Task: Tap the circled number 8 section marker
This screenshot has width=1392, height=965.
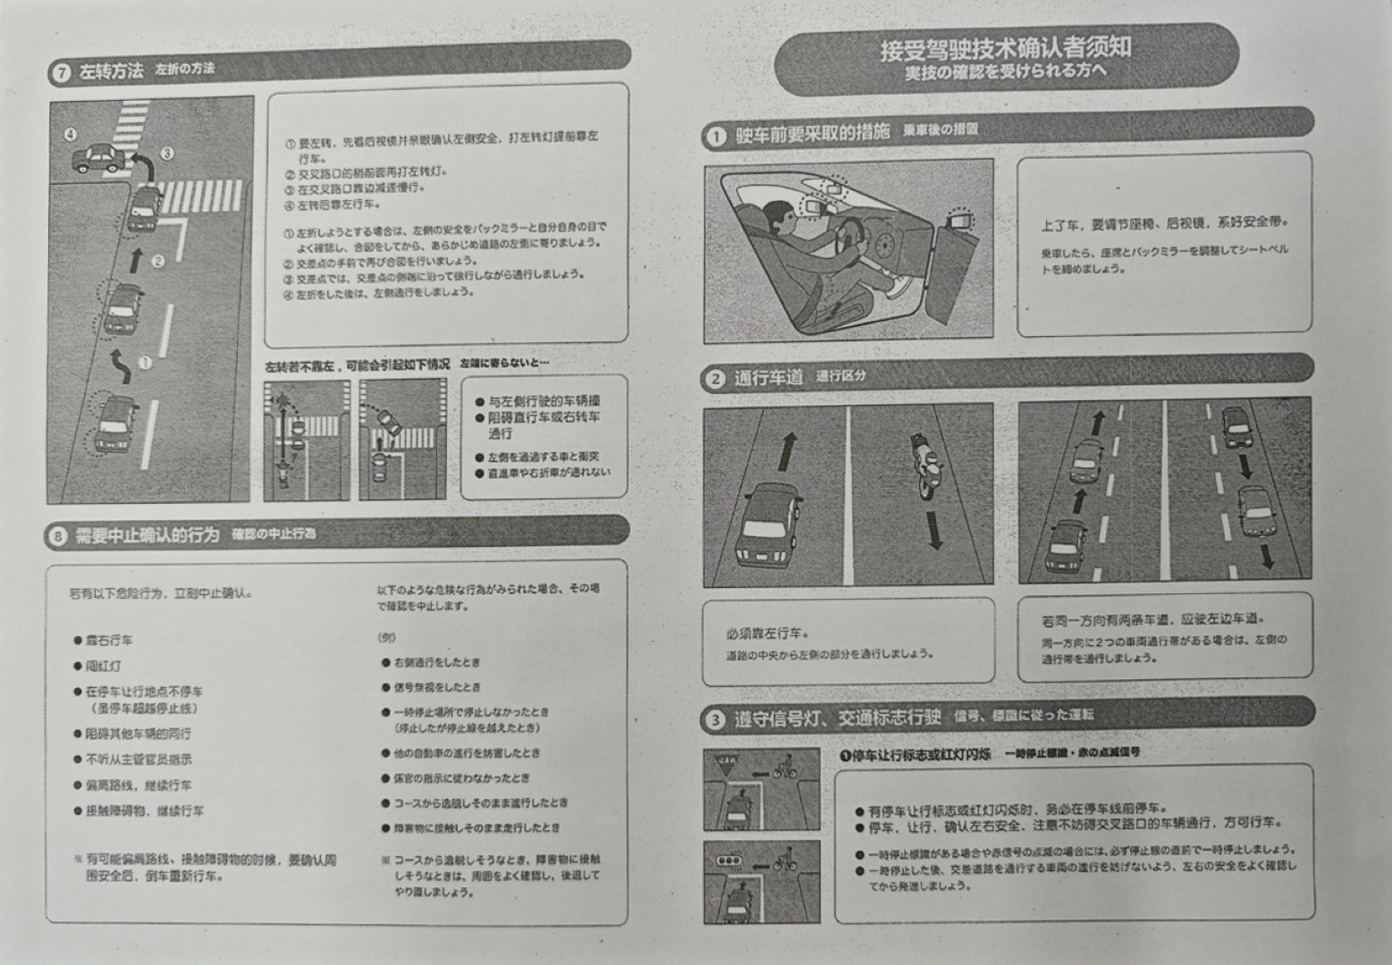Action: [57, 536]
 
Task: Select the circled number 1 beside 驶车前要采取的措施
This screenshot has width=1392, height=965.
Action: [715, 137]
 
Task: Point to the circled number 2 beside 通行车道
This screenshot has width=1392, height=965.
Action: [715, 380]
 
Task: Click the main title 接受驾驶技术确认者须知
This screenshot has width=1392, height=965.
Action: [1005, 48]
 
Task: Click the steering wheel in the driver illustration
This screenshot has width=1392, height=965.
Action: [847, 235]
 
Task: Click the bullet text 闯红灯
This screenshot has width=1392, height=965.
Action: [104, 666]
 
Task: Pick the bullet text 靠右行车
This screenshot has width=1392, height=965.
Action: [109, 641]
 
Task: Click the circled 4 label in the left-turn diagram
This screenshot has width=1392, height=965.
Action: [71, 135]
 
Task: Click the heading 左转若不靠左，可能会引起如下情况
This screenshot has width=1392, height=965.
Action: [358, 365]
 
